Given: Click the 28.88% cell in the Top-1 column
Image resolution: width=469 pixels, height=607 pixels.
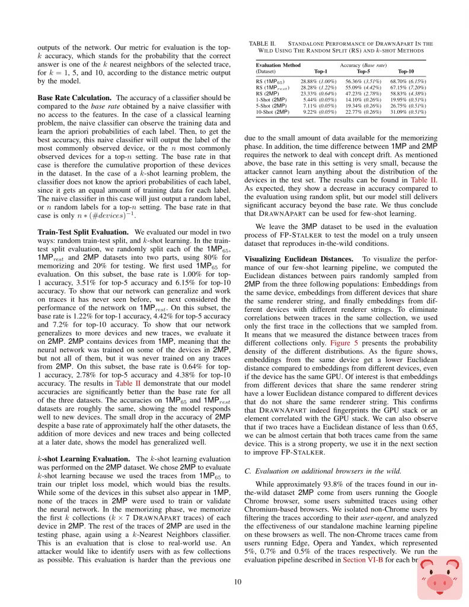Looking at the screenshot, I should click(311, 81).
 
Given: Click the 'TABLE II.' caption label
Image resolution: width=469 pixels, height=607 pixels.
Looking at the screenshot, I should click(261, 43).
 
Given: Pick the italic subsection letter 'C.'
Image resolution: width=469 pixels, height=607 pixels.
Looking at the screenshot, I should click(247, 471).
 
